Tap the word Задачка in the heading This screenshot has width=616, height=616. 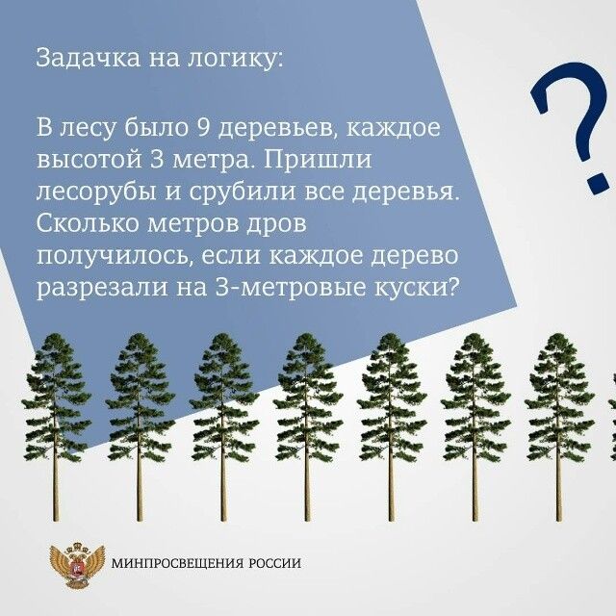coord(78,58)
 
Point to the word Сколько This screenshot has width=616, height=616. coord(89,226)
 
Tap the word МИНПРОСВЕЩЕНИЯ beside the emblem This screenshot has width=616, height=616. coord(177,564)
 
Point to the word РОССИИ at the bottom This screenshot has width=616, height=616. coord(274,564)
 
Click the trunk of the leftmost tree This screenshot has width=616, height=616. coord(56,481)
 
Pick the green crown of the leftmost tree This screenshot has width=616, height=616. coord(56,395)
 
